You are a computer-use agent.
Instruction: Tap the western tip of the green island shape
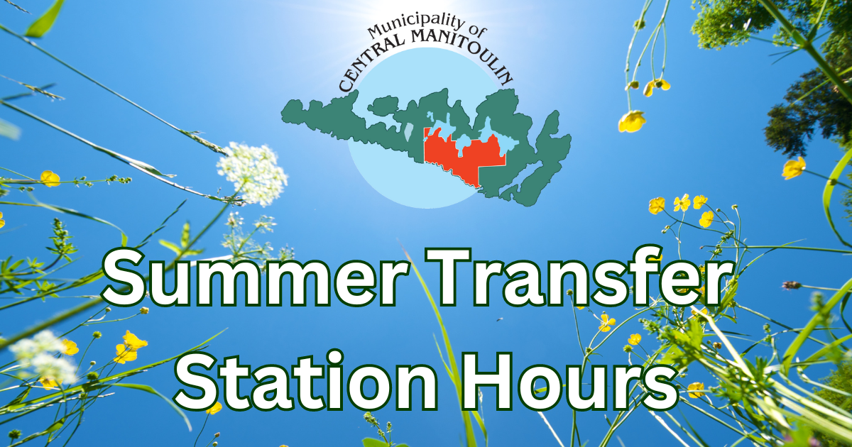tap(283, 110)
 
